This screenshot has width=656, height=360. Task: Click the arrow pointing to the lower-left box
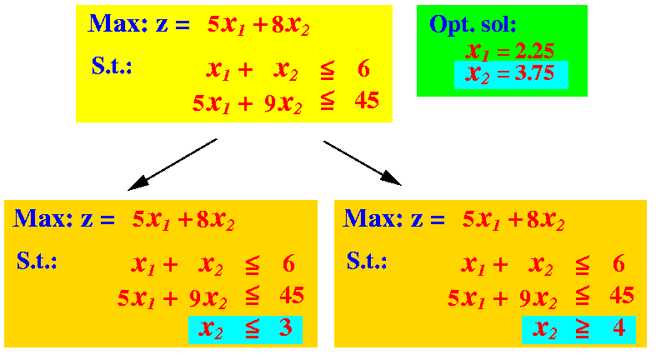[x=173, y=165]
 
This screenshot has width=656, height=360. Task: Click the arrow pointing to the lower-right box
[x=363, y=163]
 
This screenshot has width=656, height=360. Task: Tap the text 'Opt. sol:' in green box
[x=473, y=25]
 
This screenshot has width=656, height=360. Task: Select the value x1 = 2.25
[x=509, y=52]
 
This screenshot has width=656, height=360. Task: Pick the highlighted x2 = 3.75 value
[x=509, y=74]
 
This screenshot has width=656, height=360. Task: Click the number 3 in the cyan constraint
[x=285, y=327]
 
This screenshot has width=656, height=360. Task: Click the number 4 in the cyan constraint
[x=619, y=327]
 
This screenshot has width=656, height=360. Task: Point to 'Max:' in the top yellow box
[x=118, y=24]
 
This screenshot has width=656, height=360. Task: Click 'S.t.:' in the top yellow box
[x=112, y=66]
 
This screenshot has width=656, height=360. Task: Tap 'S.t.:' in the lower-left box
[x=37, y=261]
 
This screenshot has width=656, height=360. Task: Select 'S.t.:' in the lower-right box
[x=367, y=261]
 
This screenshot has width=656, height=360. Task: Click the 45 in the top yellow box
[x=367, y=101]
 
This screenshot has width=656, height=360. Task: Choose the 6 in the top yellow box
[x=363, y=69]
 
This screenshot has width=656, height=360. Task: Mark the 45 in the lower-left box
[x=292, y=296]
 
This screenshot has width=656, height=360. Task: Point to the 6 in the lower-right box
[x=618, y=264]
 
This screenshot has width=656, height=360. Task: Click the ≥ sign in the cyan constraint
[x=582, y=329]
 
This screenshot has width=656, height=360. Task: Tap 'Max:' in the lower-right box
[x=373, y=218]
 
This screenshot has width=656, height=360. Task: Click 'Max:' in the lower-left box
[x=43, y=218]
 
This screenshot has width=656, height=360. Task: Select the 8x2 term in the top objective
[x=290, y=26]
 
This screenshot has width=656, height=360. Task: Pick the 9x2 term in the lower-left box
[x=208, y=298]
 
